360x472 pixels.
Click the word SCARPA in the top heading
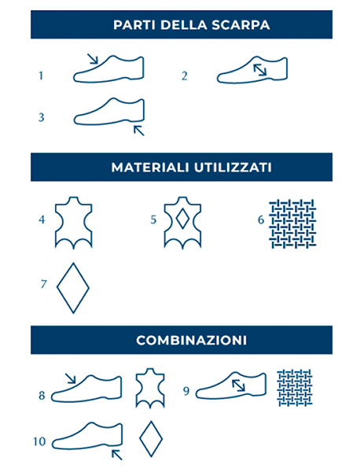pos(241,24)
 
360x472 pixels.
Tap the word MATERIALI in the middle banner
pos(150,168)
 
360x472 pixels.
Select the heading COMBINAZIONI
pos(192,340)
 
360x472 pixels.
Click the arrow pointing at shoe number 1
pos(93,59)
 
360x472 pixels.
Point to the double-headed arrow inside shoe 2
pos(260,70)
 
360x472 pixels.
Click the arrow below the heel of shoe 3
pos(139,131)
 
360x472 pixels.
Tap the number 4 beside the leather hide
pos(42,219)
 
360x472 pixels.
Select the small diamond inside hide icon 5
pos(182,219)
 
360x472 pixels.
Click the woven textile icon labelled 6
pos(292,223)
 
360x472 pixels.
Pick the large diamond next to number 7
pos(73,288)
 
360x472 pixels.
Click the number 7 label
pos(43,284)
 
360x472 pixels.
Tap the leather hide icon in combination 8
pos(150,388)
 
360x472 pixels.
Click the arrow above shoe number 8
pos(71,378)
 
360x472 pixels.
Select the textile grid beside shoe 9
pos(295,388)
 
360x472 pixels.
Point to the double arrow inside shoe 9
pos(238,385)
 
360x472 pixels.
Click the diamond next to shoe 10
pos(151,439)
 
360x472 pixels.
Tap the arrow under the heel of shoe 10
pos(117,455)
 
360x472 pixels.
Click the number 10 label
pos(39,441)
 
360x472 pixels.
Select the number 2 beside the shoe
pos(185,76)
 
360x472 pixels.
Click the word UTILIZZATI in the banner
pos(233,168)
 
